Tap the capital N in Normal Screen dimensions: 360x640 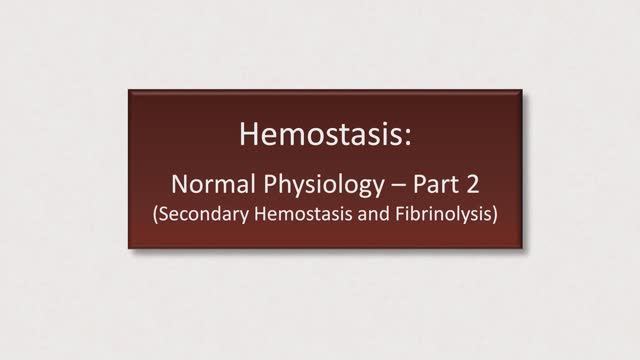[180, 184]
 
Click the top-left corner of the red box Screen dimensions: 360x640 [129, 91]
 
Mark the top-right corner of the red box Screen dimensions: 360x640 [512, 91]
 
